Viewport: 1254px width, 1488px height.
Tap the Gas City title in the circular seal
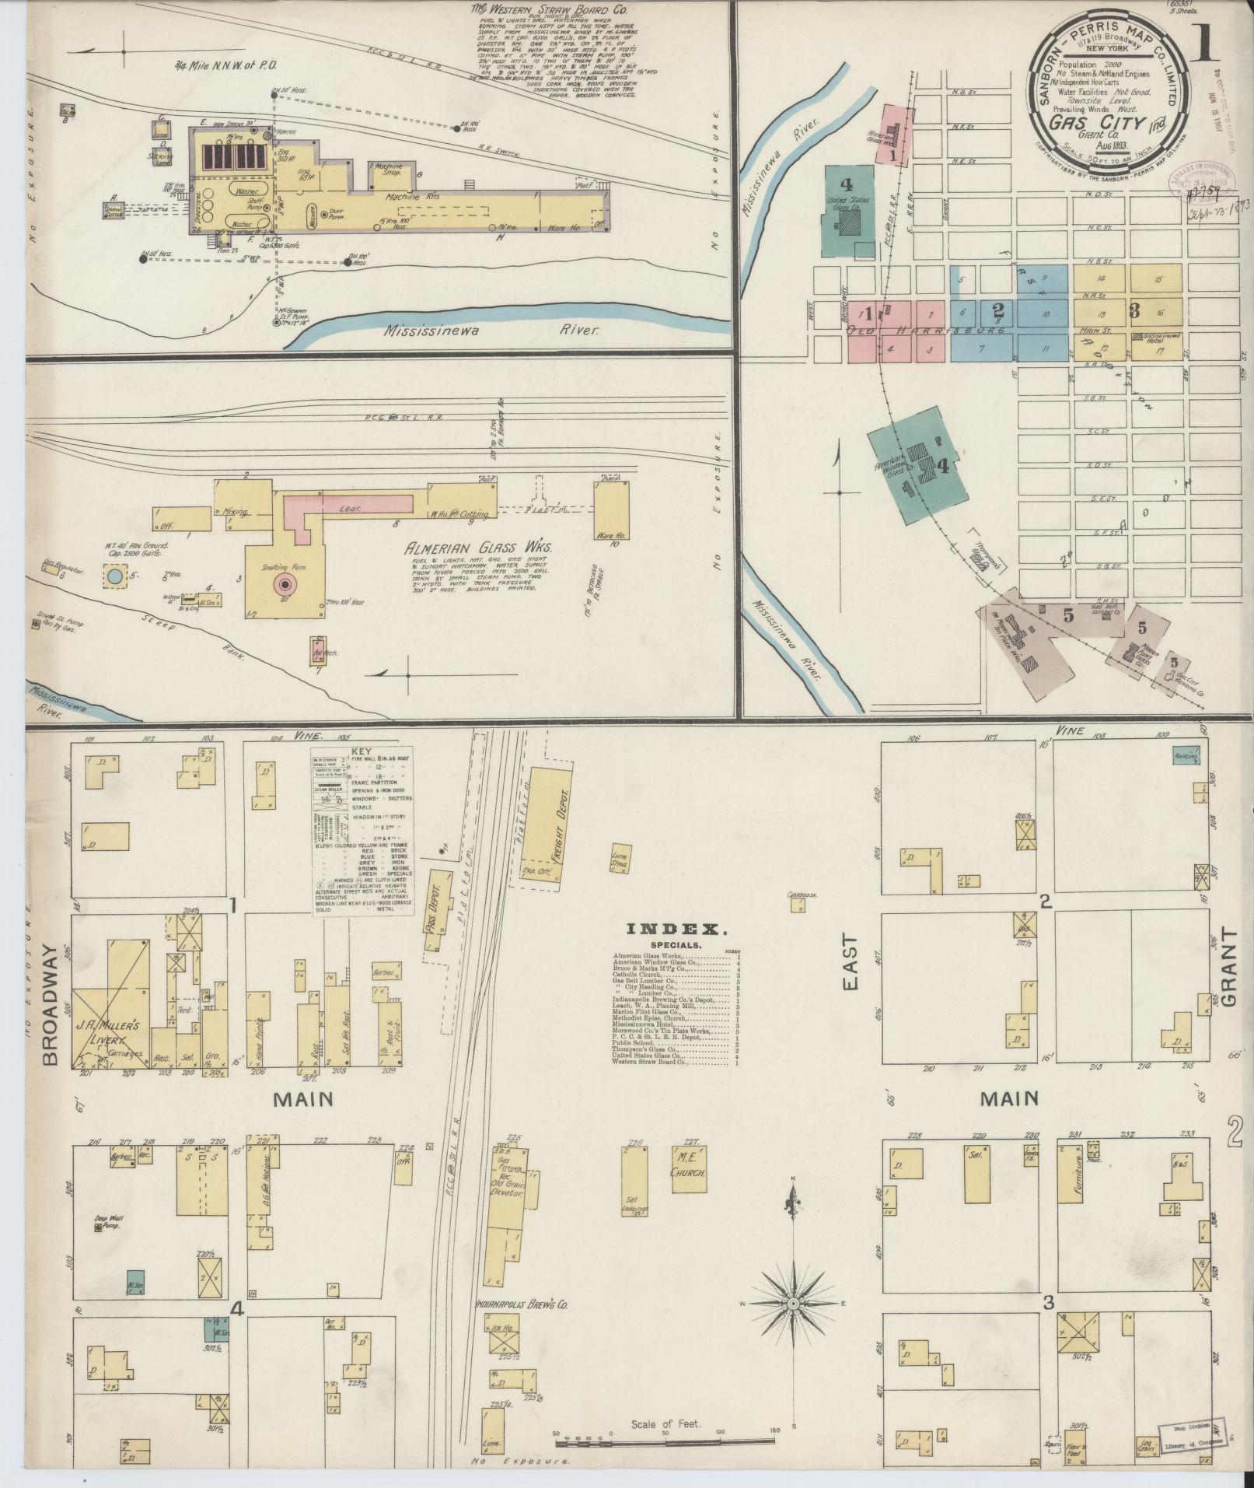point(1096,121)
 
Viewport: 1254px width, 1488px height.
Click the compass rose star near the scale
point(793,1302)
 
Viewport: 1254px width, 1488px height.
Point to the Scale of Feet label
point(665,1424)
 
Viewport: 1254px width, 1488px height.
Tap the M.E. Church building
point(687,1196)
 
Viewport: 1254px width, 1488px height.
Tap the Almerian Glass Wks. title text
point(477,549)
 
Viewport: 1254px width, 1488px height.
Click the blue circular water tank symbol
point(115,576)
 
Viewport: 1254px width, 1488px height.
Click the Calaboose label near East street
point(802,895)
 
